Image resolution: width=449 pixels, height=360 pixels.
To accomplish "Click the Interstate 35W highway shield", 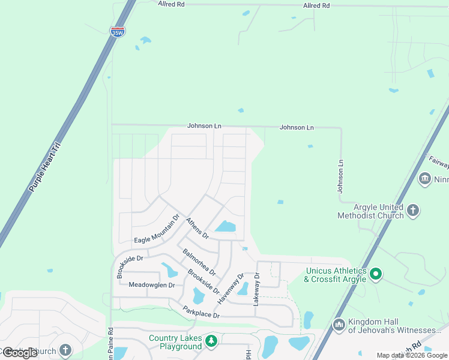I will [118, 31].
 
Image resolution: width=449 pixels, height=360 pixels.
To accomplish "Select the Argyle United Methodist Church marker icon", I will [412, 210].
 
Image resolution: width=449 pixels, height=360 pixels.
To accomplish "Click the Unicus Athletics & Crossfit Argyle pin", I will [376, 275].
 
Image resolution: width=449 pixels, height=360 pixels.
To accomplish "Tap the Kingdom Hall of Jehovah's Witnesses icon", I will [339, 325].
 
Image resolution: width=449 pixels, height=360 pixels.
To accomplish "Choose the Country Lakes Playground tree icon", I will [211, 341].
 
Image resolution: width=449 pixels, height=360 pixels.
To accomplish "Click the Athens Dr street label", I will [196, 227].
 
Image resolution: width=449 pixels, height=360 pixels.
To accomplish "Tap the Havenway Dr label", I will [232, 287].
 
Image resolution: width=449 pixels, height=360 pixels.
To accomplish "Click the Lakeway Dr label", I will [256, 289].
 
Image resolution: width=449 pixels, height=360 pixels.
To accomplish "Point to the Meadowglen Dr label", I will [151, 285].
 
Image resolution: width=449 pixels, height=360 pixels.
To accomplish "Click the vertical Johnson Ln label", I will [340, 176].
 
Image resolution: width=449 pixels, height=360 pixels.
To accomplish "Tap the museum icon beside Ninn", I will [425, 179].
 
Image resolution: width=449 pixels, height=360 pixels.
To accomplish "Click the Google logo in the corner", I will [20, 353].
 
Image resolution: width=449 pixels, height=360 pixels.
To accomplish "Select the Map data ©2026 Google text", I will [412, 355].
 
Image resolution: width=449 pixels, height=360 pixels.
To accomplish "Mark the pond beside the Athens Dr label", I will [226, 226].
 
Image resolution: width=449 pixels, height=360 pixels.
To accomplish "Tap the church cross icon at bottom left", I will [65, 350].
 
